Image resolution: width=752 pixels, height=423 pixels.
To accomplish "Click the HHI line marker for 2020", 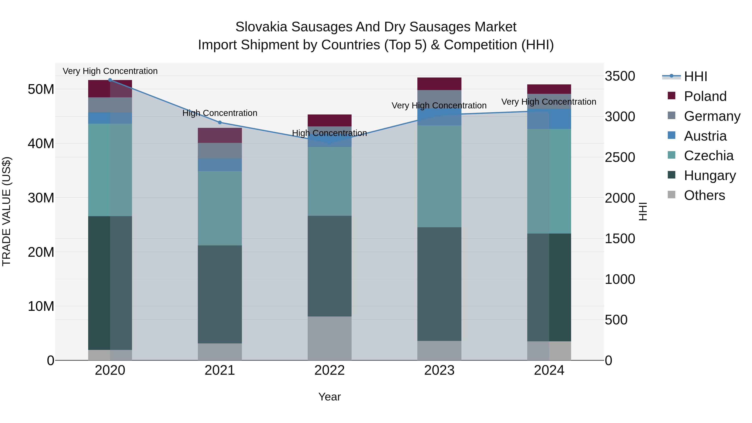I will click(x=110, y=80).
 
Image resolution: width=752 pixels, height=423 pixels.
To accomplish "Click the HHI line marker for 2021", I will click(x=220, y=122).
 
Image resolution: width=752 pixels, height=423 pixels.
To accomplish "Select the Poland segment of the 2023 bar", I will click(x=439, y=84).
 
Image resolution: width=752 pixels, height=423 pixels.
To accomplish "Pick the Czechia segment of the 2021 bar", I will click(x=220, y=208).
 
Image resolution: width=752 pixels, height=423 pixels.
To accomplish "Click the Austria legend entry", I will click(x=705, y=136).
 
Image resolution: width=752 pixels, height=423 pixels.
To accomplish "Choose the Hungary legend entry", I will click(x=709, y=175).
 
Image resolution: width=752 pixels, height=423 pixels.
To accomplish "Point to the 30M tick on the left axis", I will click(x=41, y=198).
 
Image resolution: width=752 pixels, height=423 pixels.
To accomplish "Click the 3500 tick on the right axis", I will click(x=620, y=76).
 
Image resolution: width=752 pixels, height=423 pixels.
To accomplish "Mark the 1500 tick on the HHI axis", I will click(x=620, y=239).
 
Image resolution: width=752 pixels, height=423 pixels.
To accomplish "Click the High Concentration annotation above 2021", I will click(x=220, y=113).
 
